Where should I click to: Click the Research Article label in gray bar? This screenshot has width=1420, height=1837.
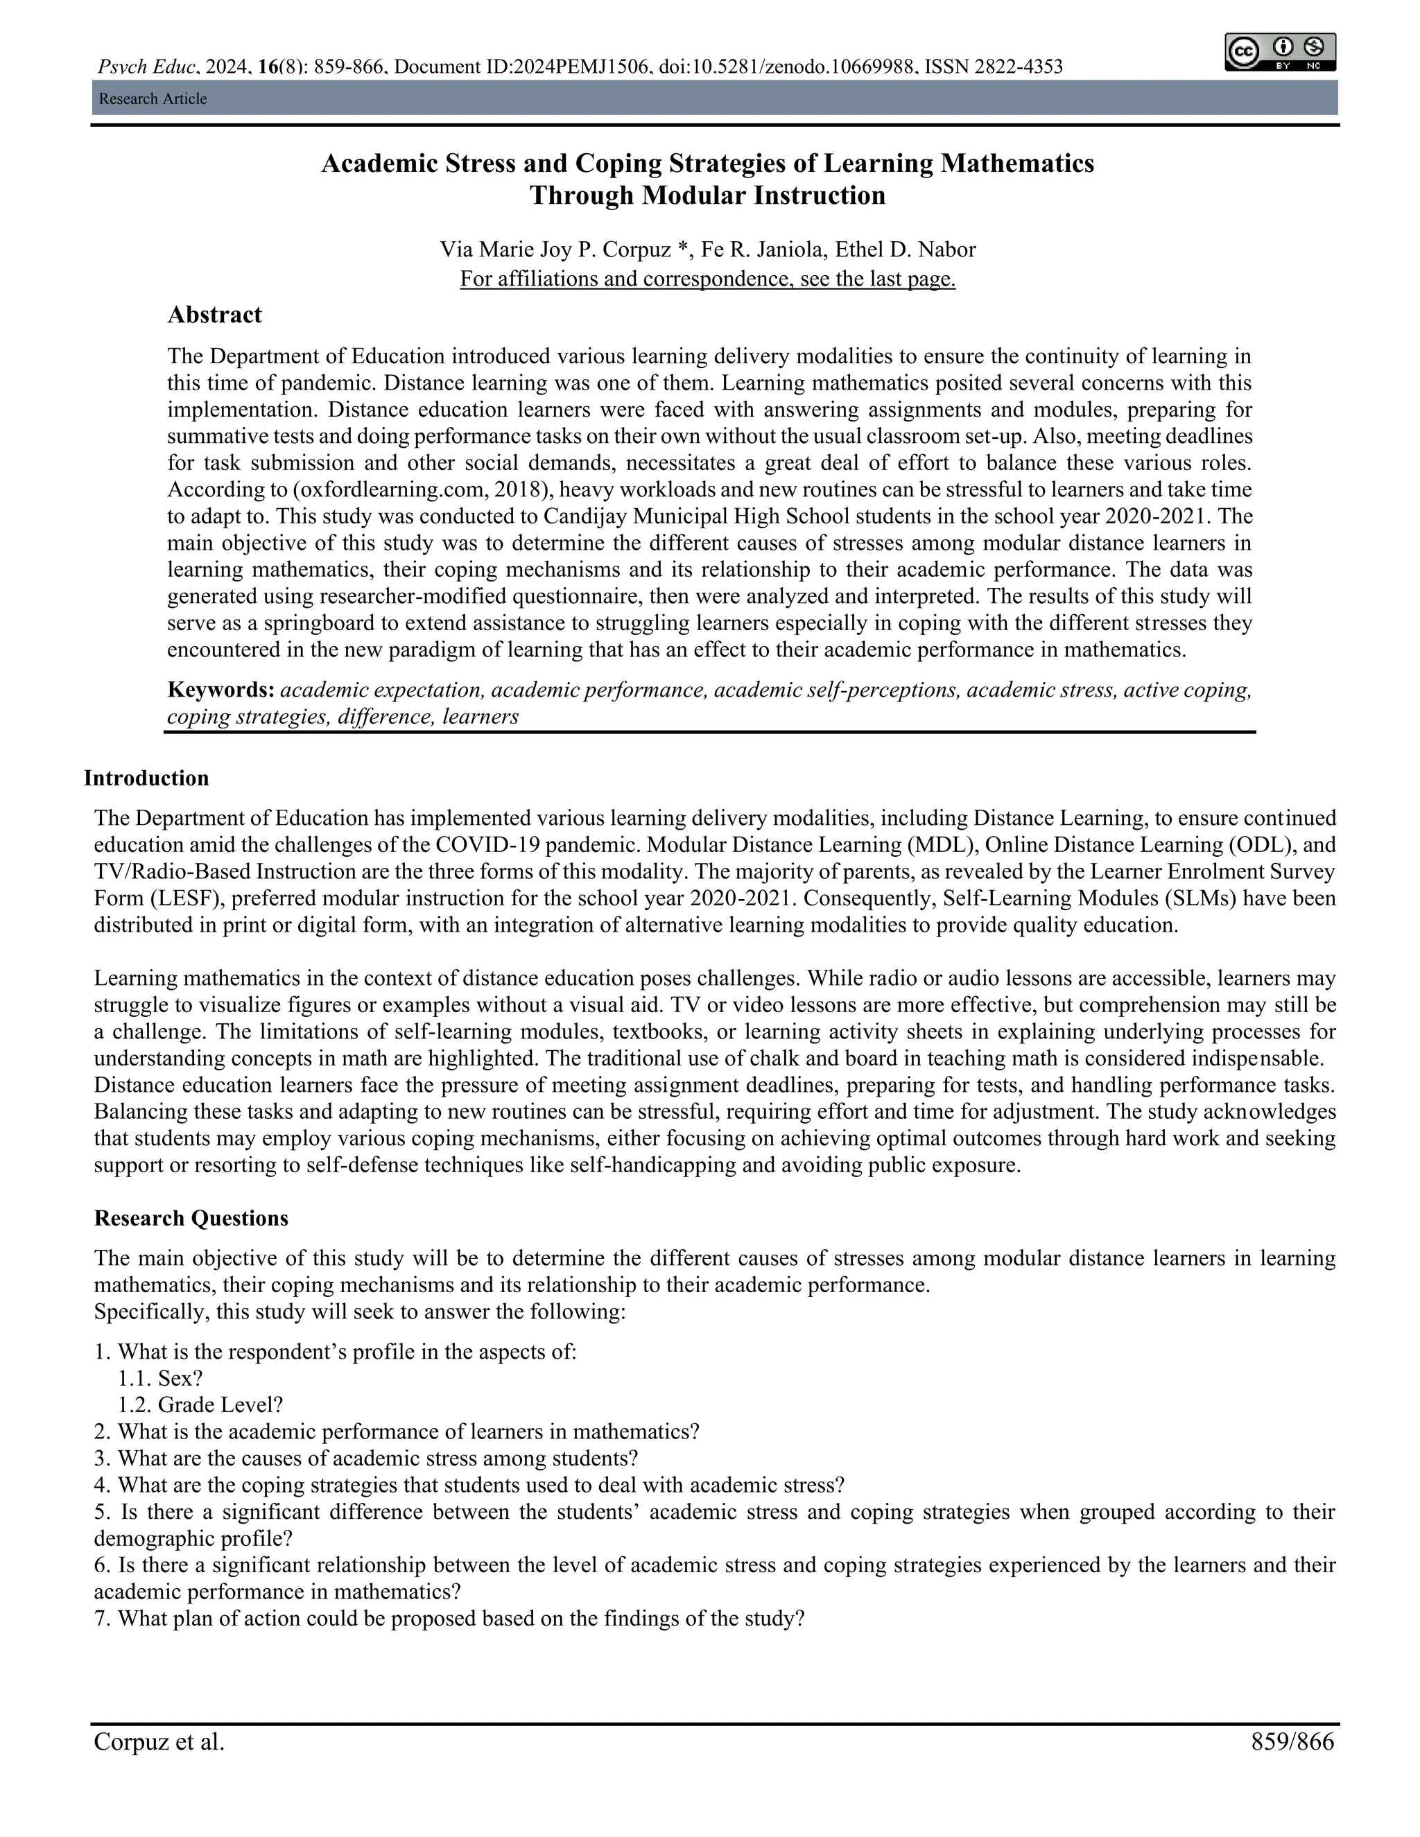[x=153, y=98]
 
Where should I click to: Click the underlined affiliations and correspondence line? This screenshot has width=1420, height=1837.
[x=707, y=279]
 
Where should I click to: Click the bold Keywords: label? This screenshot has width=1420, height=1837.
[x=221, y=690]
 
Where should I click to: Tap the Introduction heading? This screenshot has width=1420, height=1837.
[x=146, y=778]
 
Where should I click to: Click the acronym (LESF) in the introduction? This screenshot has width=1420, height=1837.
[x=192, y=898]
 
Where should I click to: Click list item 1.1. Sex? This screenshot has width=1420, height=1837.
[x=161, y=1378]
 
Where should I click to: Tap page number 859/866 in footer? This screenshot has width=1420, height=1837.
[x=1292, y=1741]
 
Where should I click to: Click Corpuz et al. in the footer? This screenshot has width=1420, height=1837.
[x=159, y=1741]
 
